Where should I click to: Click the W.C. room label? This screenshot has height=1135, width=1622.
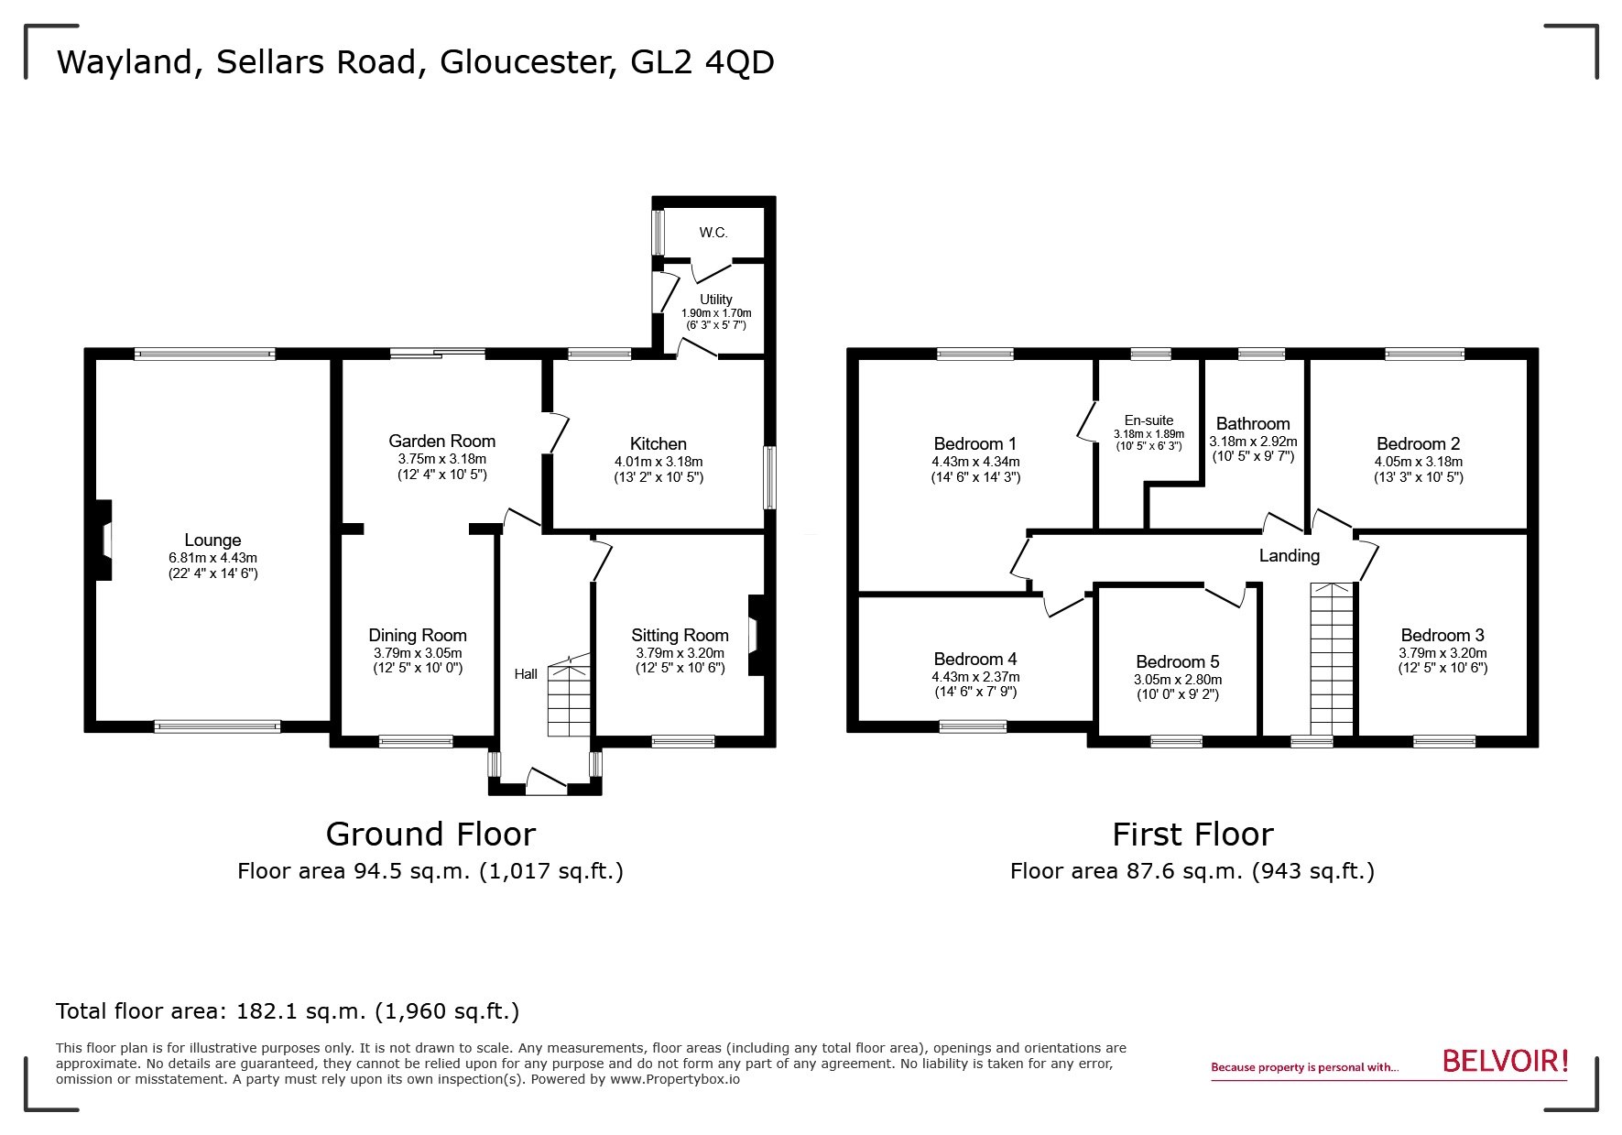(x=713, y=233)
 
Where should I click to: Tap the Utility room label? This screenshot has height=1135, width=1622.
(x=715, y=300)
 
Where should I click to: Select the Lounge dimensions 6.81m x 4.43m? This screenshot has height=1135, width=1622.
(x=212, y=558)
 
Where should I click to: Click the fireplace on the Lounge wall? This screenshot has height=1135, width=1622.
(x=104, y=540)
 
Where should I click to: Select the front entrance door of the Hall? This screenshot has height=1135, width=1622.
(x=547, y=780)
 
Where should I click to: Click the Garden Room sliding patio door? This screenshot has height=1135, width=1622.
(x=437, y=353)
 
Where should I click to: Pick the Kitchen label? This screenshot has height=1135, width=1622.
(x=658, y=443)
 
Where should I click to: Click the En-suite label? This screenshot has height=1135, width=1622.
(x=1148, y=420)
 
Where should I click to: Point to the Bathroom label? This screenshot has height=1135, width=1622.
(x=1252, y=423)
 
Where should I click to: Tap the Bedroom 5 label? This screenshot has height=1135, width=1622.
(x=1177, y=661)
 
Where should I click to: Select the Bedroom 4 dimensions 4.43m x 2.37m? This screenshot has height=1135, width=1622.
(x=975, y=677)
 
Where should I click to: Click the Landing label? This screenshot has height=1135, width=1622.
(x=1289, y=555)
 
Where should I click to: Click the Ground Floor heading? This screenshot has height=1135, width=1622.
(x=430, y=834)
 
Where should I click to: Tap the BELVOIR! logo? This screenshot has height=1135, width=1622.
(x=1505, y=1062)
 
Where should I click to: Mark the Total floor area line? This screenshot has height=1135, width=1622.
(x=288, y=1011)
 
